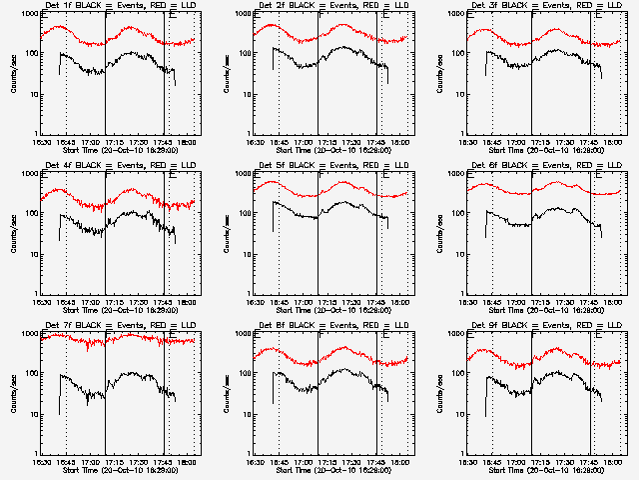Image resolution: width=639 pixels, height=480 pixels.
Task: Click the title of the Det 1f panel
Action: [118, 8]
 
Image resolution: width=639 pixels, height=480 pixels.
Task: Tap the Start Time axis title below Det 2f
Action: [331, 150]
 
